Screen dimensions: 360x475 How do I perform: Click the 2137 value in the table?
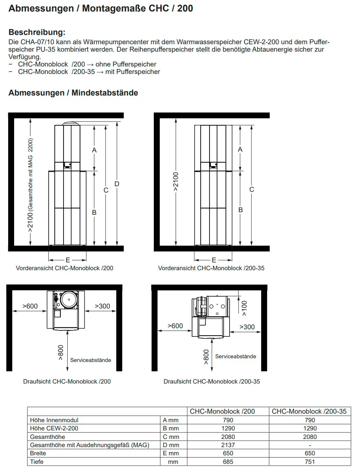click(228, 445)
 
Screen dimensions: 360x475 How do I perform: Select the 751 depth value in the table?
click(309, 462)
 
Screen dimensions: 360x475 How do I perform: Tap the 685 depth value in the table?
click(228, 462)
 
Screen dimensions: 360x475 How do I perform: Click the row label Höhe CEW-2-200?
click(54, 428)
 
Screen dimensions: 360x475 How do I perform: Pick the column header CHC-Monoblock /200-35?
click(309, 411)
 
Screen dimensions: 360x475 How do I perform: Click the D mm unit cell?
click(171, 445)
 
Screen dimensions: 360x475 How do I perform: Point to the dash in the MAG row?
click(310, 445)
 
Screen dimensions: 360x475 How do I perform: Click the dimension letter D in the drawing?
click(117, 184)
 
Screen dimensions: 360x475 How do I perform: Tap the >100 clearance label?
click(244, 308)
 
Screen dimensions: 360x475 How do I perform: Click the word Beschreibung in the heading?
click(37, 32)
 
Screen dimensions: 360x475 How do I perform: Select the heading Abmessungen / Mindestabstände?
click(73, 93)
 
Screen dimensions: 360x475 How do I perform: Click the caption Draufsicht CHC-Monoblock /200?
click(67, 381)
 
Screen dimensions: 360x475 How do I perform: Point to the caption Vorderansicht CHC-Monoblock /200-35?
click(211, 268)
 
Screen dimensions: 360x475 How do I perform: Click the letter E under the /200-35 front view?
click(214, 260)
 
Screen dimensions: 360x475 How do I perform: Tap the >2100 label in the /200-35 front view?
click(176, 182)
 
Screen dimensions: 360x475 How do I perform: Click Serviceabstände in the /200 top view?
click(91, 360)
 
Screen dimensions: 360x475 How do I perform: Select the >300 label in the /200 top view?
click(103, 306)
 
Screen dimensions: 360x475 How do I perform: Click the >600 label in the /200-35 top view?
click(175, 326)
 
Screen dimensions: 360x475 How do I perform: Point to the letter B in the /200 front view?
click(94, 213)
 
